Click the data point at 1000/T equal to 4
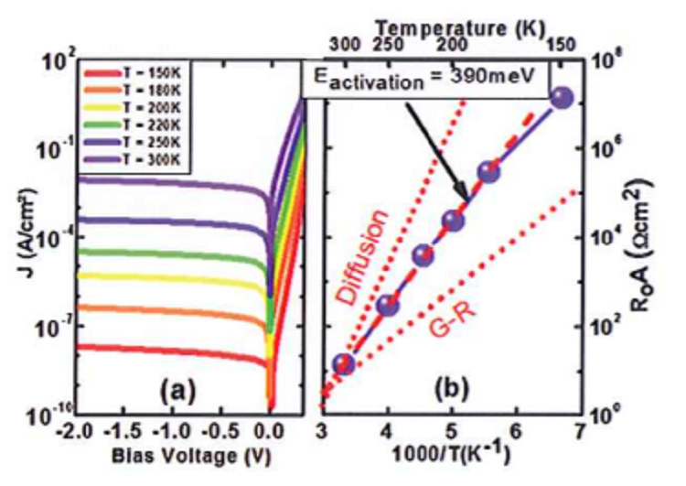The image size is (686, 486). coord(388,306)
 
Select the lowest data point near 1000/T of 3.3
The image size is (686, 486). coord(343,364)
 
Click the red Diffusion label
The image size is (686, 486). coord(361,256)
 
